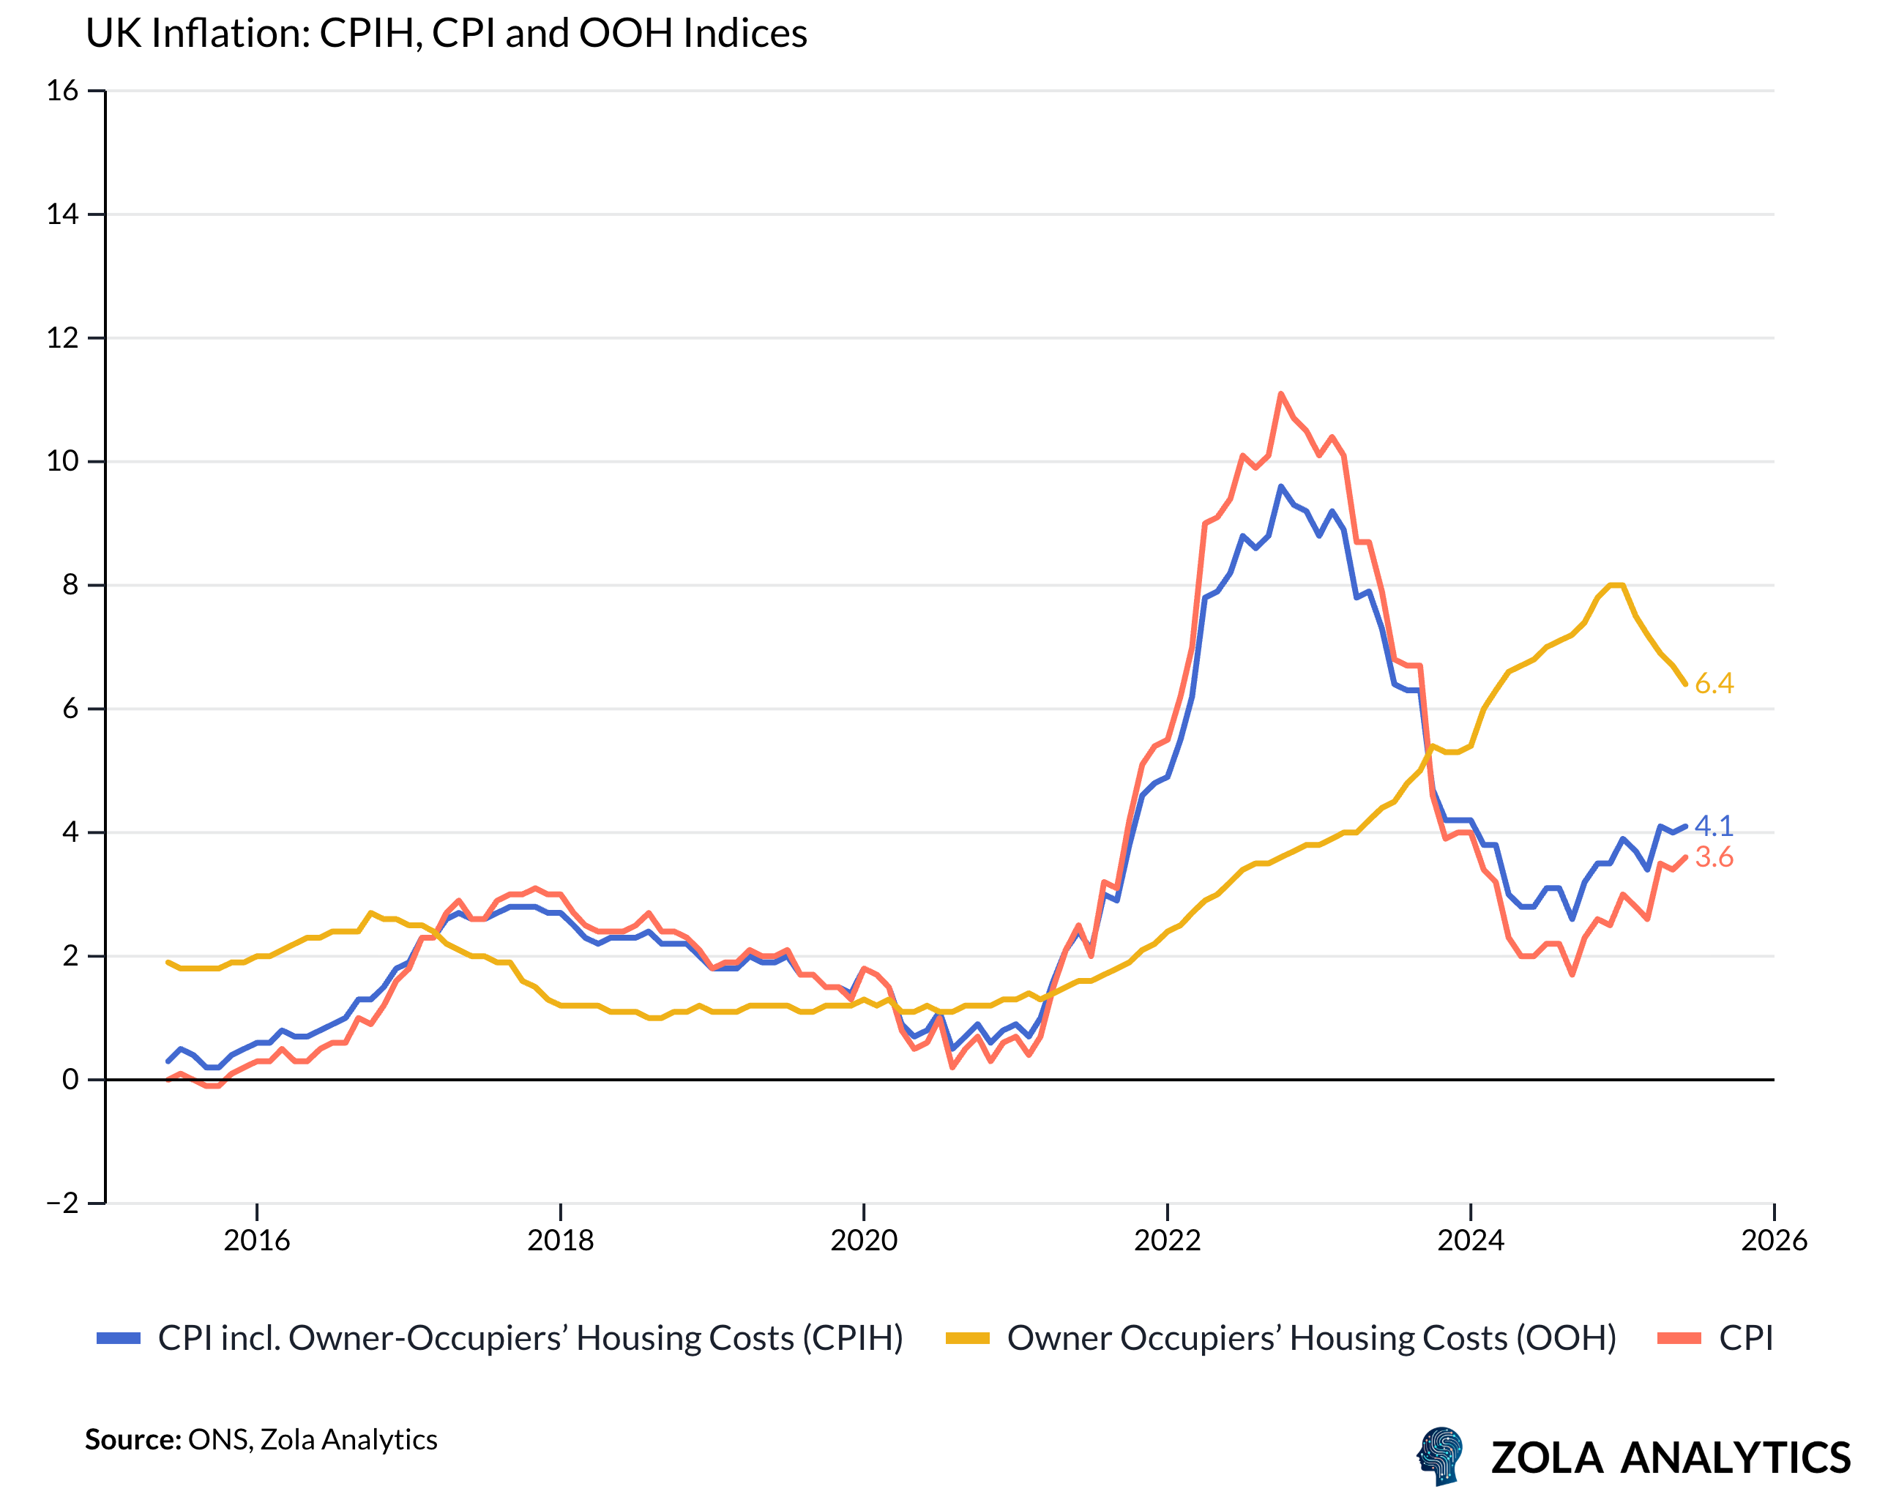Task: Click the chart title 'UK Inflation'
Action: [446, 33]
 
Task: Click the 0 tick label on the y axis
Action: [70, 1080]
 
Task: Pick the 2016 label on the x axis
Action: [257, 1240]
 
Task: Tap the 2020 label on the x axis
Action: [864, 1240]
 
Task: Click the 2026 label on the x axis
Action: [1773, 1240]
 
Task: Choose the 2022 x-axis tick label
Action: [1167, 1240]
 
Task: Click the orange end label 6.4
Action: [1713, 684]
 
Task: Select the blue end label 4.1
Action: [1713, 826]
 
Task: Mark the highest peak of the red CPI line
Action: [1280, 394]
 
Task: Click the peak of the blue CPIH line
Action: [1280, 487]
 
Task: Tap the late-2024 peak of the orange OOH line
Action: [1616, 585]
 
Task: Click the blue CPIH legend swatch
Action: [119, 1338]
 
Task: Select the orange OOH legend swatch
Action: [967, 1338]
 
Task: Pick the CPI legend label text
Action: [1745, 1338]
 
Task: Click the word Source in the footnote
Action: [133, 1439]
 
